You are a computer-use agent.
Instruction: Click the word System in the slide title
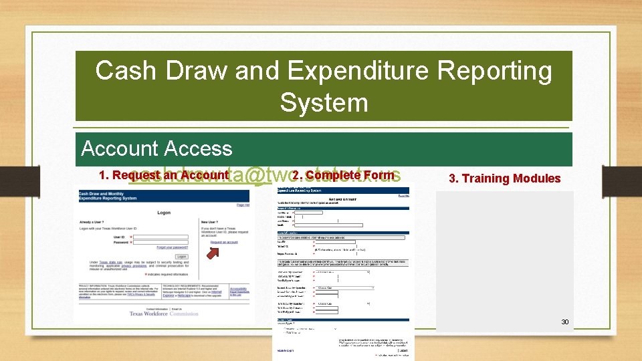point(324,103)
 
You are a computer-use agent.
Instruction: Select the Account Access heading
point(156,148)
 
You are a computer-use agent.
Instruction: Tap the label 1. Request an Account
point(164,175)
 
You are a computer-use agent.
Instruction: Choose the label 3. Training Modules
point(504,178)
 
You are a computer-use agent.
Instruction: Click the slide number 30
point(564,322)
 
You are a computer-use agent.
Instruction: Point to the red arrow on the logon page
point(212,253)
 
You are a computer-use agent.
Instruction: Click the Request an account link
point(224,242)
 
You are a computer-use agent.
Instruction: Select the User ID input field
point(160,237)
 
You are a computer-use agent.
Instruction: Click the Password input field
point(160,243)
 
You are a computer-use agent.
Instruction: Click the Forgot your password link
point(172,247)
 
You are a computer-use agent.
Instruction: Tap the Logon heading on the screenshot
point(164,213)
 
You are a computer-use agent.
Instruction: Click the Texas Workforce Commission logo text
point(164,314)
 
